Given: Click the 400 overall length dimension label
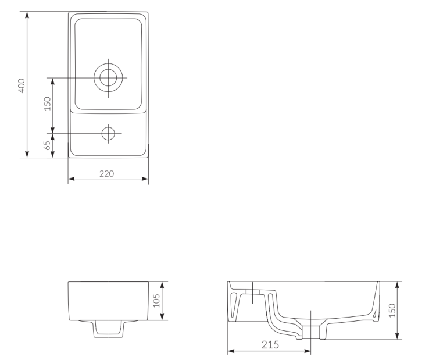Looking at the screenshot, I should pyautogui.click(x=22, y=85).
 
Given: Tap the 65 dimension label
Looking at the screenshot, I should pyautogui.click(x=48, y=145).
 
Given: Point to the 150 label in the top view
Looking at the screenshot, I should pyautogui.click(x=48, y=104).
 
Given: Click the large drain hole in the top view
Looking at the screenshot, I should pyautogui.click(x=108, y=77).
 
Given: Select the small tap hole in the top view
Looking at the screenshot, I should pyautogui.click(x=108, y=133).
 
